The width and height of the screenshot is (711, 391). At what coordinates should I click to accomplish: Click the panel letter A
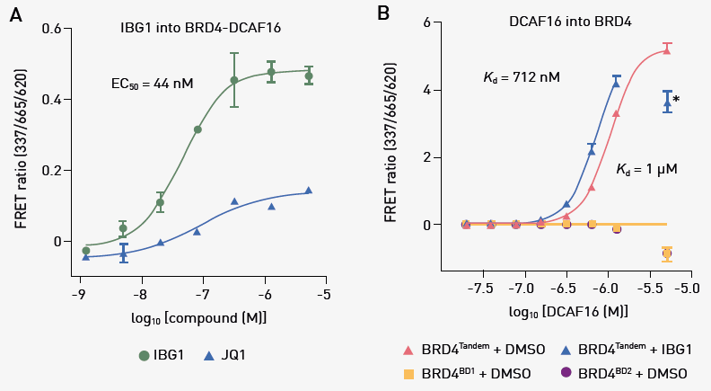[x=14, y=15]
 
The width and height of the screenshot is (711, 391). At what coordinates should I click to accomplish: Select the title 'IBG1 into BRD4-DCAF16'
[x=200, y=28]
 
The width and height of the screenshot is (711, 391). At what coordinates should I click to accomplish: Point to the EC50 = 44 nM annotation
[x=152, y=84]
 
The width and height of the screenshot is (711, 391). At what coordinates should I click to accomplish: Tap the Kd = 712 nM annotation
[x=522, y=78]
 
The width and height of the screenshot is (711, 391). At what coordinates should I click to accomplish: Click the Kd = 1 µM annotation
[x=646, y=169]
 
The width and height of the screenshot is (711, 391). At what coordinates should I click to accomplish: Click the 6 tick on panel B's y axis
[x=437, y=22]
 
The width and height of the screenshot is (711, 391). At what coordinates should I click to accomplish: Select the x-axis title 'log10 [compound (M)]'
[x=201, y=318]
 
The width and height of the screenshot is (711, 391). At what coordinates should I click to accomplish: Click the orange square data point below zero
[x=667, y=253]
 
